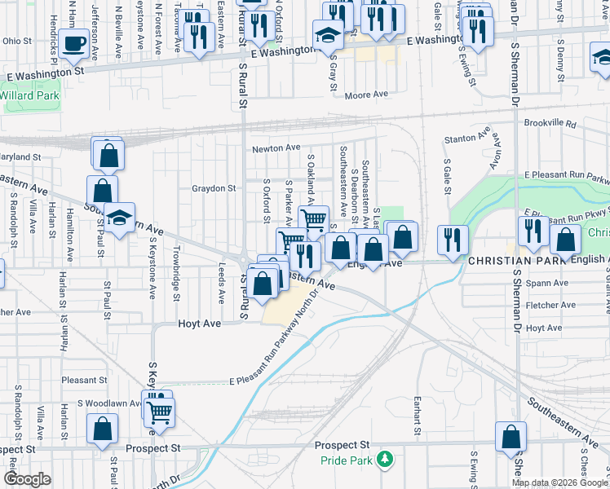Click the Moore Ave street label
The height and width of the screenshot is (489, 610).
366,95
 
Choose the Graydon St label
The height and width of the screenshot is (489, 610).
214,188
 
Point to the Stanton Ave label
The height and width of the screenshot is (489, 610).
468,136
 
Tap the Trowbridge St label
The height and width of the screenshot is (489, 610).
175,279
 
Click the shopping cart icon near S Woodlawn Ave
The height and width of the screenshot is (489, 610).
160,412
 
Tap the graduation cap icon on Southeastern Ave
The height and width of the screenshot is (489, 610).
119,218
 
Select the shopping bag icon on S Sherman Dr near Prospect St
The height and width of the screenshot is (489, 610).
511,437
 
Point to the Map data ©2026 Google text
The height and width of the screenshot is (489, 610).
559,482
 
